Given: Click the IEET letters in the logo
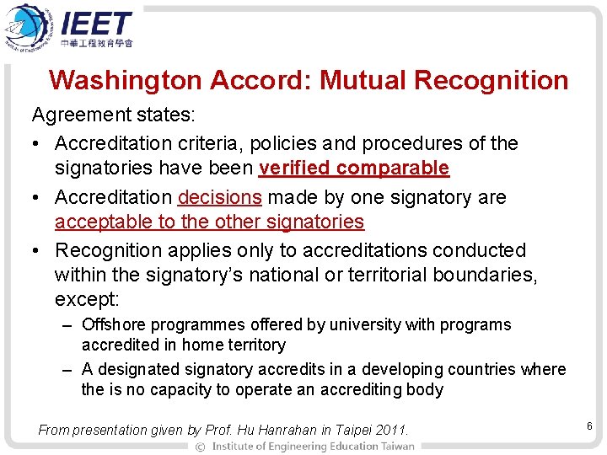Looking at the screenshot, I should (x=96, y=23).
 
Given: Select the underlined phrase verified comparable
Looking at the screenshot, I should (x=354, y=168).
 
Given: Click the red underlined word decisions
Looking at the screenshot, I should (x=220, y=197).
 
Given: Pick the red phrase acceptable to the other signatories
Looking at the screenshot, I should (x=209, y=222).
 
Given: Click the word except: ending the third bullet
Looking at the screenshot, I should (x=85, y=299).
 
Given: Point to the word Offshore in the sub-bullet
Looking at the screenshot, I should (x=114, y=324).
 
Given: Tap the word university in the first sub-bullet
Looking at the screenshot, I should (x=365, y=324).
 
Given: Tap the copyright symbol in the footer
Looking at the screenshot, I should (x=200, y=446).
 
